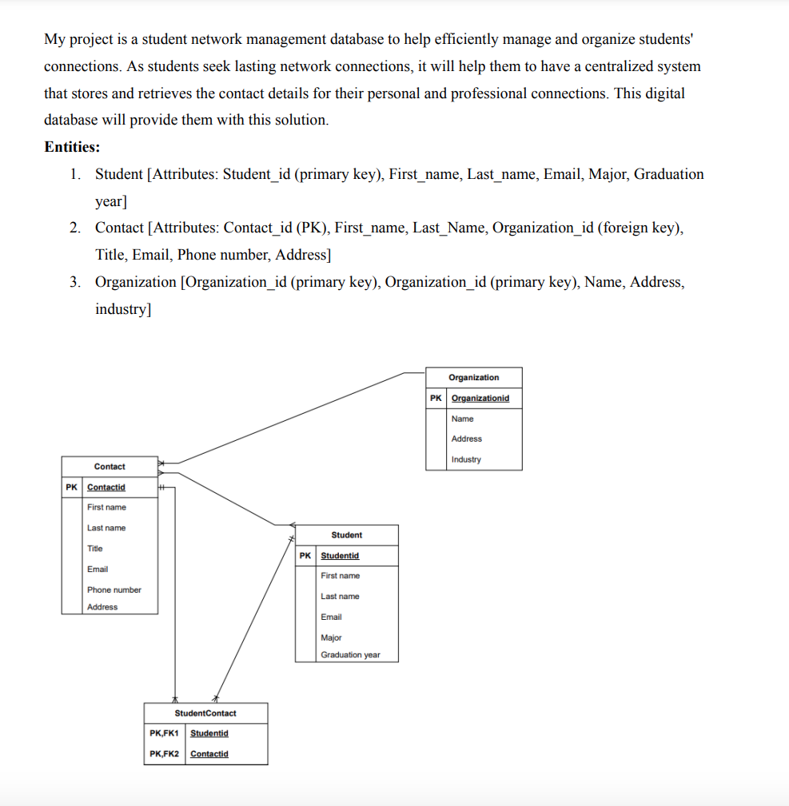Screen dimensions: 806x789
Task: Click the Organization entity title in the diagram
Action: click(x=473, y=377)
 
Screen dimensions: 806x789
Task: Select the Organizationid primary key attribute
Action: click(x=480, y=398)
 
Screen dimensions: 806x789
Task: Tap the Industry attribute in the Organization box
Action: click(x=466, y=459)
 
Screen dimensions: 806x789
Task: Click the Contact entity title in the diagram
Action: click(x=110, y=467)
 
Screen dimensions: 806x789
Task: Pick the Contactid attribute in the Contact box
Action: click(x=106, y=487)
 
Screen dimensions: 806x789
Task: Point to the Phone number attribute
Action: click(x=114, y=590)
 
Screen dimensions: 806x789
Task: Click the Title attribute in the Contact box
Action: click(x=94, y=549)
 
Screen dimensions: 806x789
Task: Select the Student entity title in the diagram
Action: click(x=346, y=535)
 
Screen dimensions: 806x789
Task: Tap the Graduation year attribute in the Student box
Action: click(x=350, y=655)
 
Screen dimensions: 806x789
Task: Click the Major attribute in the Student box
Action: click(x=331, y=637)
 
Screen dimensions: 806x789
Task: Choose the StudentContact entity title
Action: click(x=205, y=713)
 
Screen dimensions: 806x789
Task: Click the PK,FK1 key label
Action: click(x=164, y=733)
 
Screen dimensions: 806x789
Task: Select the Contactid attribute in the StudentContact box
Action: click(x=209, y=754)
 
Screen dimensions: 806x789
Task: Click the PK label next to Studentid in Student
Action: click(x=305, y=556)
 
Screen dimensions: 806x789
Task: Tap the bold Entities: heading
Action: click(x=72, y=147)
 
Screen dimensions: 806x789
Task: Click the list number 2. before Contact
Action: click(x=74, y=228)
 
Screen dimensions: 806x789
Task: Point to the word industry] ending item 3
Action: click(x=122, y=309)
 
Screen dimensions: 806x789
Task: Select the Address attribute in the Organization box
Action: click(x=466, y=439)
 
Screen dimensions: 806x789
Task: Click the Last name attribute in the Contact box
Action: click(x=106, y=528)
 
